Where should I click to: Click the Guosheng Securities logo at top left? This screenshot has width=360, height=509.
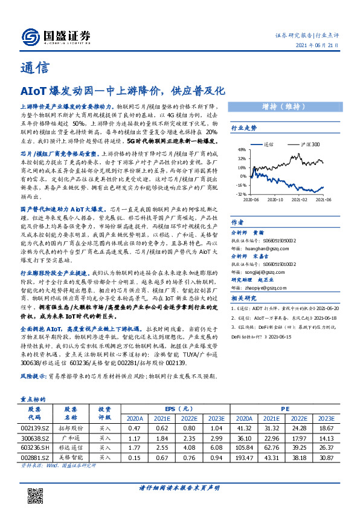pos(56,36)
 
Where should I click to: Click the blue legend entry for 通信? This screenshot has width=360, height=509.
pos(266,145)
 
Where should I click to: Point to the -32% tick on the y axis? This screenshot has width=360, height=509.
pos(240,194)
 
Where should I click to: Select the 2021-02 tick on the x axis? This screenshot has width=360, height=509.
pos(299,199)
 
